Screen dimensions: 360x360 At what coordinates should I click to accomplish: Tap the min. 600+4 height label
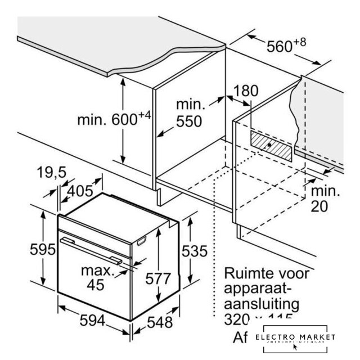[114, 119]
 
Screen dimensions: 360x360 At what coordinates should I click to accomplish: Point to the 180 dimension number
[245, 91]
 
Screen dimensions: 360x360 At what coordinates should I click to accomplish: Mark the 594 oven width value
[92, 321]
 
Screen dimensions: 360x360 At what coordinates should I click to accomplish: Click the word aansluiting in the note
[261, 304]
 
